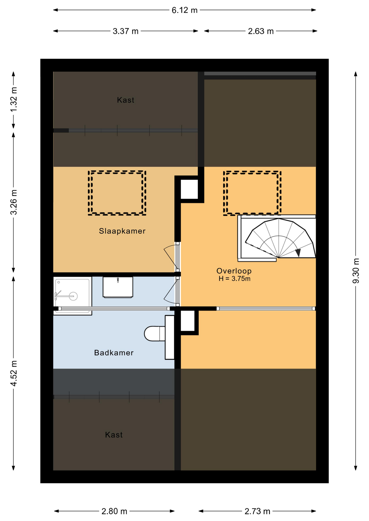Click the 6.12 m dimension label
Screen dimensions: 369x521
coord(184,10)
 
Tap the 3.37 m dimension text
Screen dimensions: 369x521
coord(126,31)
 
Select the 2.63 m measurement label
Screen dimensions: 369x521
coord(261,31)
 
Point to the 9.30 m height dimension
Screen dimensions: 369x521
coord(356,271)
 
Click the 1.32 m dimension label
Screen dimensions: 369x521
coord(14,100)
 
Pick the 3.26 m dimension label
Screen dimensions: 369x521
coord(14,202)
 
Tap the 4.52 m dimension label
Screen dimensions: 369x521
coord(14,373)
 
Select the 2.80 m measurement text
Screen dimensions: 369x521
coord(114,511)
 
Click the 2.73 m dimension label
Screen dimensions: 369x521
coord(257,511)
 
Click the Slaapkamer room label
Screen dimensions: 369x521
coord(122,231)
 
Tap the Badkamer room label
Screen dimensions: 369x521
coord(114,353)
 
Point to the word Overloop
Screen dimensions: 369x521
coord(234,271)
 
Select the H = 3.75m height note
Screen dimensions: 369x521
coord(234,279)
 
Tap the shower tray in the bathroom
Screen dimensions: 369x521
coord(73,296)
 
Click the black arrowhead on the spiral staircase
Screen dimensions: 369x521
coord(298,253)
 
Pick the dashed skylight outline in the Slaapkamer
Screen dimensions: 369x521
coord(117,171)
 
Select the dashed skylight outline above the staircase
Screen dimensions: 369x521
coord(252,172)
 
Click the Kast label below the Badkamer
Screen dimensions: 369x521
coord(114,435)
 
